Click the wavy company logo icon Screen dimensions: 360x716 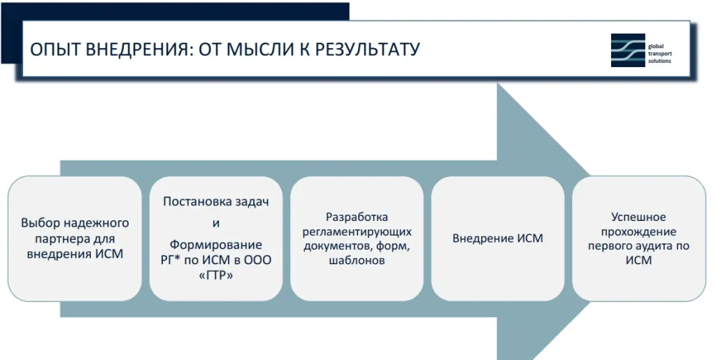coord(628,50)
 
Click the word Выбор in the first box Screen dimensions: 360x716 coord(38,223)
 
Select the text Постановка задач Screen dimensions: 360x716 coord(215,201)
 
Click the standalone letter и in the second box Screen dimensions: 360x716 coord(215,224)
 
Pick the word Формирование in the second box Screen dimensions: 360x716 coord(215,245)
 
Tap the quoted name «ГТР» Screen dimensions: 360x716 coord(215,275)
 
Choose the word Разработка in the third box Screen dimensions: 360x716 coord(357,217)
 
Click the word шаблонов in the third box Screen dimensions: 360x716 coord(357,260)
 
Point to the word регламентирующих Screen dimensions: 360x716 coord(357,231)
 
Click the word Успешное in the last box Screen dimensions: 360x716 coord(638,217)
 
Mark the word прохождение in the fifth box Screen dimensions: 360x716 coord(638,231)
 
